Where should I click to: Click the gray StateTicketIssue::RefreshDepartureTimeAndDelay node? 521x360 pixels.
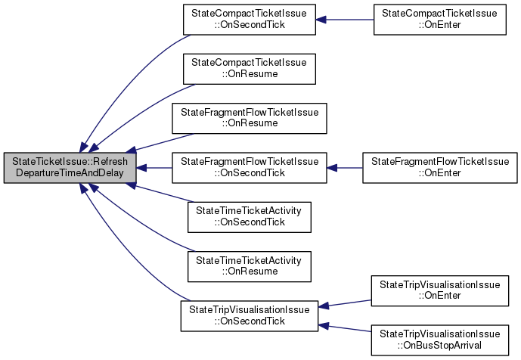tap(70, 168)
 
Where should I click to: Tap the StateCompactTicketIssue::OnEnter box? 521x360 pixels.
tap(440, 20)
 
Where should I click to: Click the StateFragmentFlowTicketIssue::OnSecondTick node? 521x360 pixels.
tap(249, 168)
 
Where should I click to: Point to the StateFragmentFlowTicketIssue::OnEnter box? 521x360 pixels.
tap(440, 168)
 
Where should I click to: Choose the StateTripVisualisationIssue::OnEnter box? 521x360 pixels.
tap(440, 290)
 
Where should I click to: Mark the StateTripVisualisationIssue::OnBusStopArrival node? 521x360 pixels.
tap(440, 340)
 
